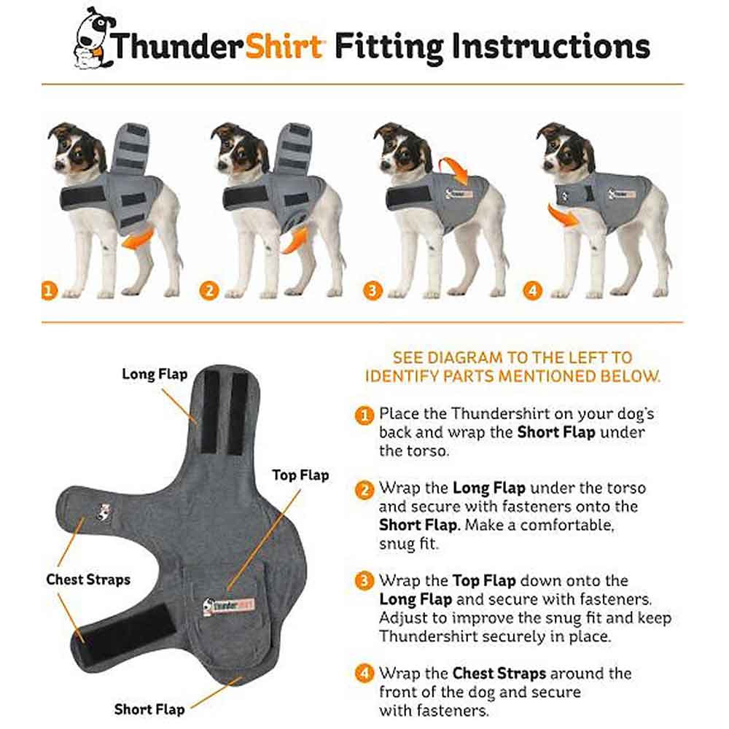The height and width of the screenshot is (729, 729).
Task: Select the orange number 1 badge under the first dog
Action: click(x=48, y=291)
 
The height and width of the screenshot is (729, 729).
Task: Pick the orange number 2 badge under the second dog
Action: click(x=209, y=291)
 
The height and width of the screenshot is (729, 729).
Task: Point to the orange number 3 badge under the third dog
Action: click(x=372, y=291)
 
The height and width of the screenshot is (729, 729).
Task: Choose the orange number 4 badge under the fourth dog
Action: click(x=533, y=291)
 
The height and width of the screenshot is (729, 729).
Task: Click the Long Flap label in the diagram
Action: click(x=155, y=374)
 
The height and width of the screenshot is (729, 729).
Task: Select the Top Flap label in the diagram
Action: click(x=300, y=475)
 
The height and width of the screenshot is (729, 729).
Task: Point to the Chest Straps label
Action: click(x=88, y=580)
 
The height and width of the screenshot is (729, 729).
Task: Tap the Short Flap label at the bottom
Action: click(x=149, y=709)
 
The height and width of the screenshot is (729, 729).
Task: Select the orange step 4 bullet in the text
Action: click(x=364, y=673)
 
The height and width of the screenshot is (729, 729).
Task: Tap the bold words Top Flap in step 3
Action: click(x=484, y=581)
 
